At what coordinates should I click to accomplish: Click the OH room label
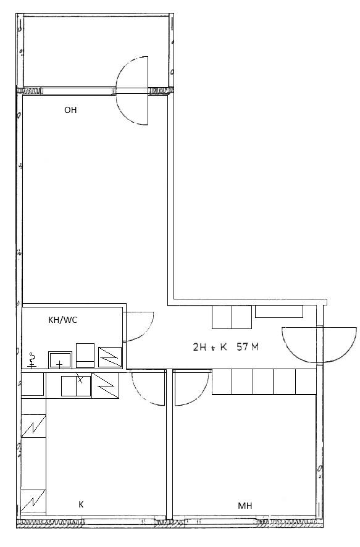70,111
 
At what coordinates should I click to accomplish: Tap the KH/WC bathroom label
63,320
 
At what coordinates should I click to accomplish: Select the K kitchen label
81,504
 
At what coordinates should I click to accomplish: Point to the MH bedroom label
245,506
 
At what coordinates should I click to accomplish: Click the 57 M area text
248,347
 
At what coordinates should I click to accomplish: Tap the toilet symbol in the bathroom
33,361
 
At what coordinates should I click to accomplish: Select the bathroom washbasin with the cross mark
60,360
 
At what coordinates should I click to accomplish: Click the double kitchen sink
76,386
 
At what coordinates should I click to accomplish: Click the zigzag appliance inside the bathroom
110,357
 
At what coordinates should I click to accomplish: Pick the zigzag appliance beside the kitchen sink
106,386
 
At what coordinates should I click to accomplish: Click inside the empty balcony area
96,51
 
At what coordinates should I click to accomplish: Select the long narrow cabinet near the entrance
279,312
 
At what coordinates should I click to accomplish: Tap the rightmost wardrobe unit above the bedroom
306,382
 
